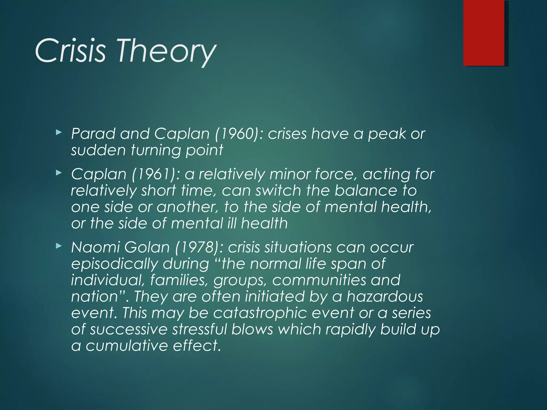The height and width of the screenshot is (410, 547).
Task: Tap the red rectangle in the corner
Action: (484, 33)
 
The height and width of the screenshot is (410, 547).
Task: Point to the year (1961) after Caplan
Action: (155, 174)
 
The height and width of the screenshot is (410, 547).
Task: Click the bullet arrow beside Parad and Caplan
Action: (59, 132)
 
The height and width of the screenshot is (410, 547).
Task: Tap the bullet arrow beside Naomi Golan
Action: (59, 246)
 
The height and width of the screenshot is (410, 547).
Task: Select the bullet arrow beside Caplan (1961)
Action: (59, 173)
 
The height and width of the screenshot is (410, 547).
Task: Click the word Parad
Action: (93, 133)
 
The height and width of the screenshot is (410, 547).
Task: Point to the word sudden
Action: (98, 150)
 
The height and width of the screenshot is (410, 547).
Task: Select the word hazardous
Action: (385, 296)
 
